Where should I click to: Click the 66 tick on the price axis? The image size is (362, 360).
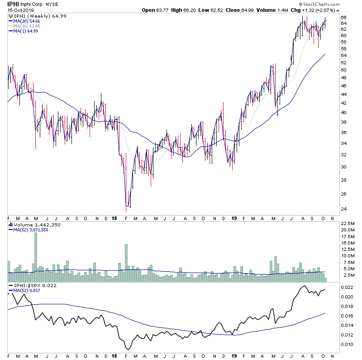(x=343, y=17)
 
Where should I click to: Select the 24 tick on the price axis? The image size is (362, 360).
(x=343, y=209)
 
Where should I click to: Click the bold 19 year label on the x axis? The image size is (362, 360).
(x=234, y=217)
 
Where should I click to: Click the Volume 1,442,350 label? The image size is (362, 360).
(x=29, y=225)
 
